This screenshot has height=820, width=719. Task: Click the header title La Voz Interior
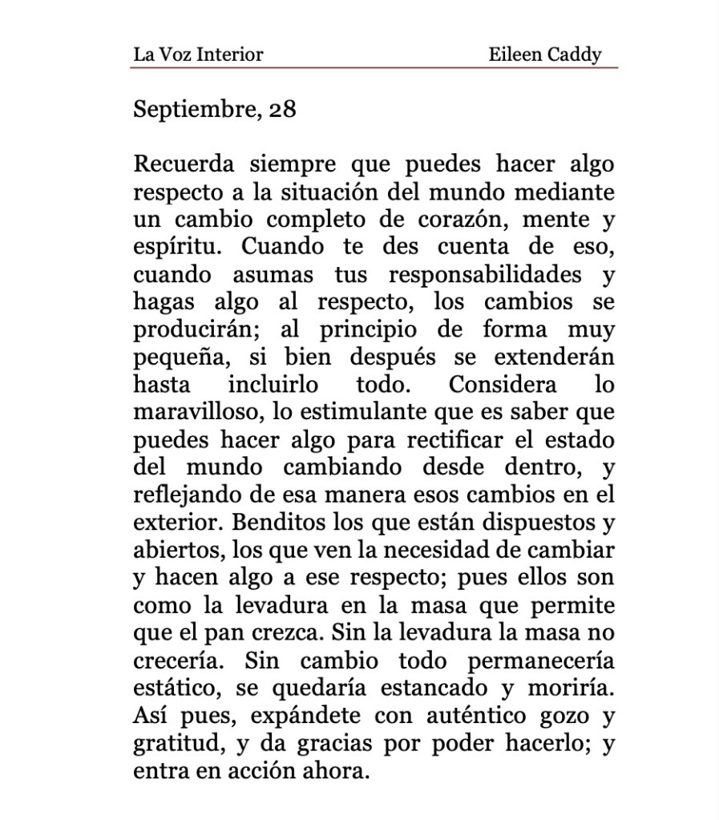click(198, 55)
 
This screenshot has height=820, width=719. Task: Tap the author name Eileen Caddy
click(544, 55)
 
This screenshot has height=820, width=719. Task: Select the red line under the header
click(374, 67)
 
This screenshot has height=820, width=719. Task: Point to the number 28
click(282, 109)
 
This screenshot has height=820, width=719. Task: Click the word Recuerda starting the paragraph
click(184, 164)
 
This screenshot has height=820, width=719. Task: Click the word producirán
click(195, 330)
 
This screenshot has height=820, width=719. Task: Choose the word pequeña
click(178, 357)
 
